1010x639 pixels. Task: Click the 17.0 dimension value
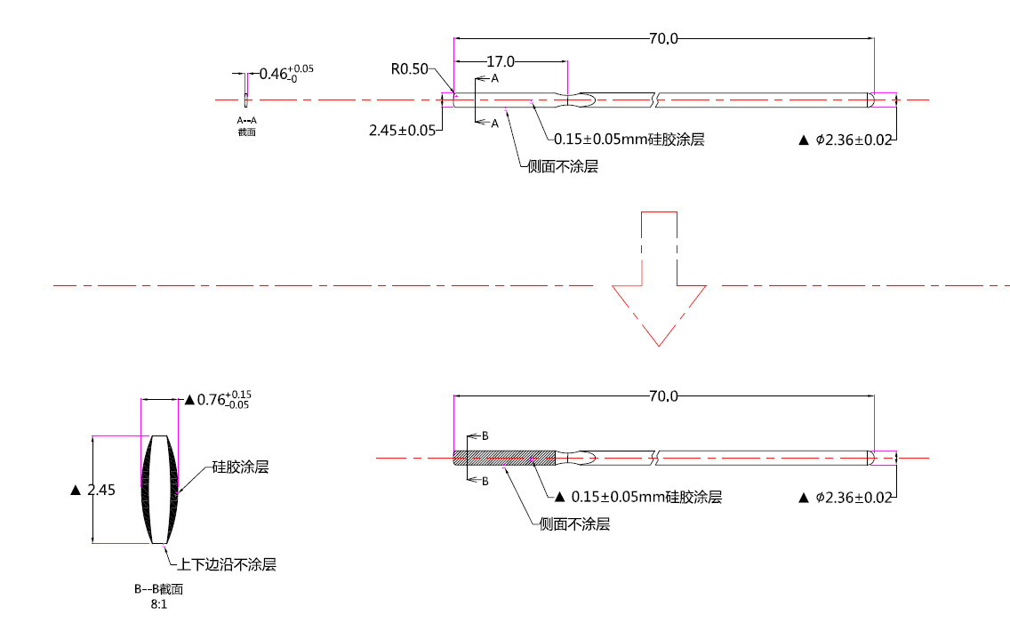501,61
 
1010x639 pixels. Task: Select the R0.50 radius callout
410,68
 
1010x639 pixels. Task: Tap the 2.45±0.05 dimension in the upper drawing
402,130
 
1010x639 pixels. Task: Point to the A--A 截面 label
246,125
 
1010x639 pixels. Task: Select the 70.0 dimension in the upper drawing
663,38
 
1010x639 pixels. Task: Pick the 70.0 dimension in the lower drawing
663,395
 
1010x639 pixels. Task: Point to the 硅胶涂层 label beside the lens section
240,467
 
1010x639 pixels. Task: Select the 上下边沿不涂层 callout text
228,564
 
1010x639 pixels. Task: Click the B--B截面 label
158,588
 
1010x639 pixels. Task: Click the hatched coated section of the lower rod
504,458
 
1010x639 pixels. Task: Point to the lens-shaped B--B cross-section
159,489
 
